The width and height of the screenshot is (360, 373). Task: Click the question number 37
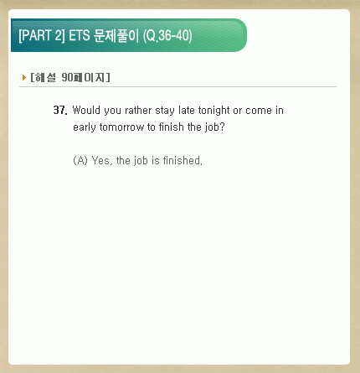click(60, 110)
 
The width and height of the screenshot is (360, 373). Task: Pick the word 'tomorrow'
click(121, 127)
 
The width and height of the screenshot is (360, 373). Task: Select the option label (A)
click(80, 160)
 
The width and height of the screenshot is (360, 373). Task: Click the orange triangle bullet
click(24, 77)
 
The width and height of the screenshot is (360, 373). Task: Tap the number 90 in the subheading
click(67, 77)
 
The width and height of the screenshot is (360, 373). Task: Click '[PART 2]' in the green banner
click(42, 35)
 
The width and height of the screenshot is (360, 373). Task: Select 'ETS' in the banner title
click(80, 35)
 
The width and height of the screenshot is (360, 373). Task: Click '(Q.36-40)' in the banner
click(167, 36)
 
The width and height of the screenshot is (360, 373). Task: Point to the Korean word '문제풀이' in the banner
click(116, 35)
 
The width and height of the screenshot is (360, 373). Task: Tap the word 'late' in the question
click(187, 110)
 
